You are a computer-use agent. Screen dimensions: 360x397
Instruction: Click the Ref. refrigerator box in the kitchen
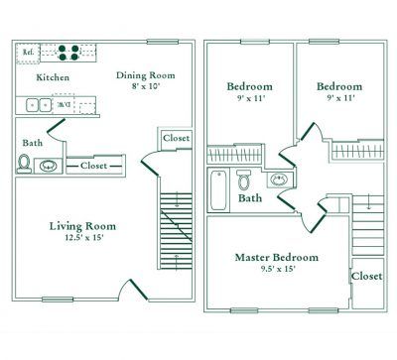[29, 52]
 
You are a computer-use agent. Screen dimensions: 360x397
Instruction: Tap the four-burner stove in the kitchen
[68, 52]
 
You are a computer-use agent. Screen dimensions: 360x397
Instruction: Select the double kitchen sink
[38, 103]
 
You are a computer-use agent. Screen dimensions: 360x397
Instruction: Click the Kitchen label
[52, 77]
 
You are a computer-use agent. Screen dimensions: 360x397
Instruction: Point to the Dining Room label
[145, 74]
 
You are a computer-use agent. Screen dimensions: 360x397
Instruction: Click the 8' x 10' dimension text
[145, 86]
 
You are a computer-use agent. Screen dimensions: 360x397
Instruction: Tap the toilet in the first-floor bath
[24, 164]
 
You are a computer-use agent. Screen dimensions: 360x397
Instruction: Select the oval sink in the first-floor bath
[48, 165]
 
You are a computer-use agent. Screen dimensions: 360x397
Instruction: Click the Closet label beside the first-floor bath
[95, 166]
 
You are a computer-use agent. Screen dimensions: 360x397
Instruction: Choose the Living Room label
[77, 227]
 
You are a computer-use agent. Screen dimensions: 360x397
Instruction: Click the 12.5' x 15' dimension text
[77, 240]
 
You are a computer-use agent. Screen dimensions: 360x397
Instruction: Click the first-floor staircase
[173, 233]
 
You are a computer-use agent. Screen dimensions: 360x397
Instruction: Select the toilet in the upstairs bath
[244, 180]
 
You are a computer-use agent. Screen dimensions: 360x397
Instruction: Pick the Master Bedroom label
[277, 257]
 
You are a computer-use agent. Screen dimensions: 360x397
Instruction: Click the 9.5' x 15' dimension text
[277, 270]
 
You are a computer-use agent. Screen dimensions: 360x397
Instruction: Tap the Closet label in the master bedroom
[367, 276]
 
